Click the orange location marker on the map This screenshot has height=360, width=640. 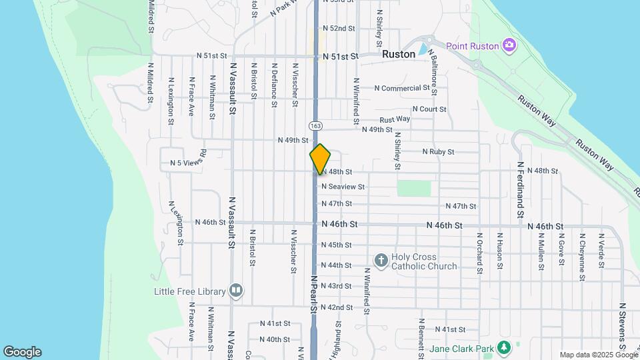[x=320, y=159]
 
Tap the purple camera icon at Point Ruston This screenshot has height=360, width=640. [x=510, y=45]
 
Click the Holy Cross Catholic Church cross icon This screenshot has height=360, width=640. [x=381, y=261]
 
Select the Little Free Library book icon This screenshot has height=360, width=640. [x=235, y=290]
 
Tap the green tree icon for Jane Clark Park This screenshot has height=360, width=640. [x=505, y=347]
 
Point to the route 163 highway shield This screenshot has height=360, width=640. [x=315, y=125]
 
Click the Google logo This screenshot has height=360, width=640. [x=22, y=352]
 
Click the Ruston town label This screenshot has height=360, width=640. [x=399, y=54]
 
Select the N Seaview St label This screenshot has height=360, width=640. [x=343, y=187]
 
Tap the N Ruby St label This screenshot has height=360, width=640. [x=438, y=152]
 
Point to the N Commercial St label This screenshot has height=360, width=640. [x=402, y=88]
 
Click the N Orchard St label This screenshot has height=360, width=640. [x=479, y=253]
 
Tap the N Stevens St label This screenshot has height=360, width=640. [x=622, y=327]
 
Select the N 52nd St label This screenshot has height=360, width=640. [x=339, y=29]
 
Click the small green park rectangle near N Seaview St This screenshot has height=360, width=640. [x=414, y=187]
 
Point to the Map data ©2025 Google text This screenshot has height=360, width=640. [x=597, y=355]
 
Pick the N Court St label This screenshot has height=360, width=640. [x=429, y=109]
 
